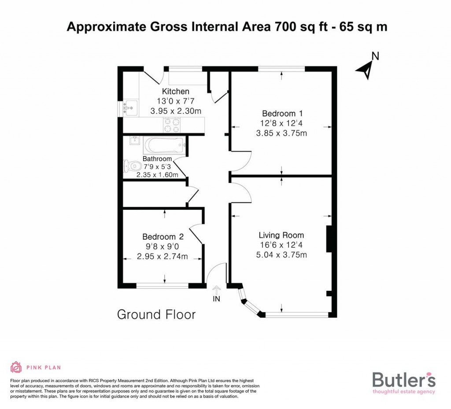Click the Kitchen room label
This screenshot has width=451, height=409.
(x=176, y=91)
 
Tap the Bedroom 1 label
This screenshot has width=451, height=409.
(x=281, y=112)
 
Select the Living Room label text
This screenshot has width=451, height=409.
(x=281, y=235)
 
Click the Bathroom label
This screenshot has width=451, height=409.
(x=157, y=159)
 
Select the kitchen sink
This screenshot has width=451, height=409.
(x=130, y=107)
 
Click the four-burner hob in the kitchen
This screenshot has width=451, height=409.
(x=171, y=126)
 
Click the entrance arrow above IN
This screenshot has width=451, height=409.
(x=216, y=290)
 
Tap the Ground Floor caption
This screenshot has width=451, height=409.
(x=156, y=315)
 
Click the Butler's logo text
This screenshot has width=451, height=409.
(x=404, y=379)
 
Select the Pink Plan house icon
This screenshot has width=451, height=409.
(x=16, y=367)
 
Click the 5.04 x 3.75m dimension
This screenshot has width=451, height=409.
(x=281, y=255)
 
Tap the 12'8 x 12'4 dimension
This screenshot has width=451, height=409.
(x=281, y=123)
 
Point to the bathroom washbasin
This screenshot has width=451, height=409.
(x=135, y=141)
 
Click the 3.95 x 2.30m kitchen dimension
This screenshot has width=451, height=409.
(x=176, y=112)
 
